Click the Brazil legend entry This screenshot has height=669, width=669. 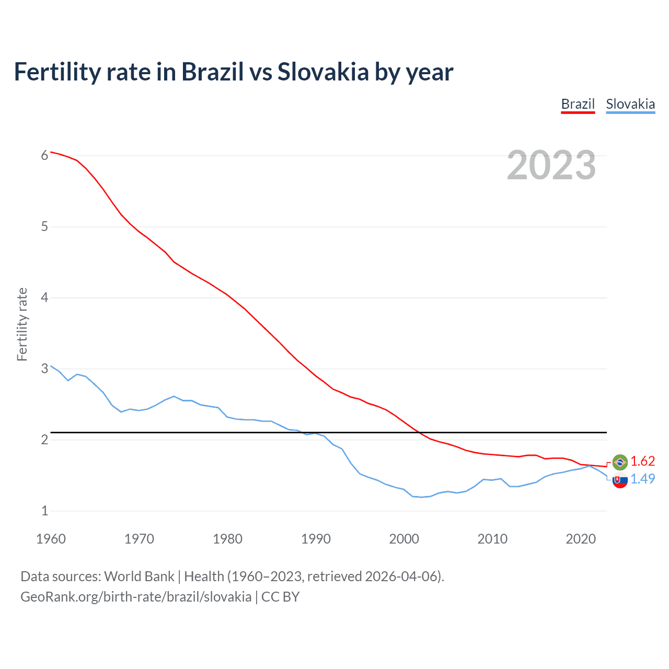point(578,104)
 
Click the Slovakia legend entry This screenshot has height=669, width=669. point(630,104)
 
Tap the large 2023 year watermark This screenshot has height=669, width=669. point(551,165)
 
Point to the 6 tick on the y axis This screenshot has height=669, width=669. point(45,155)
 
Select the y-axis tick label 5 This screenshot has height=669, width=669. point(45,226)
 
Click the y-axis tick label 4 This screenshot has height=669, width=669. point(45,297)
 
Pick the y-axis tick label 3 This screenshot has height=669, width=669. point(45,368)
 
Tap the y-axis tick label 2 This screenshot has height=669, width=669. point(45,440)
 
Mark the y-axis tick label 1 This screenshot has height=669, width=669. point(45,511)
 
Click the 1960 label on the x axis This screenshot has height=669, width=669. point(51,539)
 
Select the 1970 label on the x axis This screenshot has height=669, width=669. point(139,539)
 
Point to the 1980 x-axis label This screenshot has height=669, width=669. point(227,539)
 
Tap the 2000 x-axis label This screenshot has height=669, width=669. point(404,539)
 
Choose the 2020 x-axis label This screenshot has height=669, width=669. point(581,539)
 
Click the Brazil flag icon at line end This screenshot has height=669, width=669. point(620,462)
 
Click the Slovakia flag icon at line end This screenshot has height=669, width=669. point(620,480)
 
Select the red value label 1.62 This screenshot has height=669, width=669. point(642,461)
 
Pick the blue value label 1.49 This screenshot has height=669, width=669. point(642,479)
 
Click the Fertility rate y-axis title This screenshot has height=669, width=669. point(22,324)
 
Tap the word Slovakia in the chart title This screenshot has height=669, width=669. point(323,72)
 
